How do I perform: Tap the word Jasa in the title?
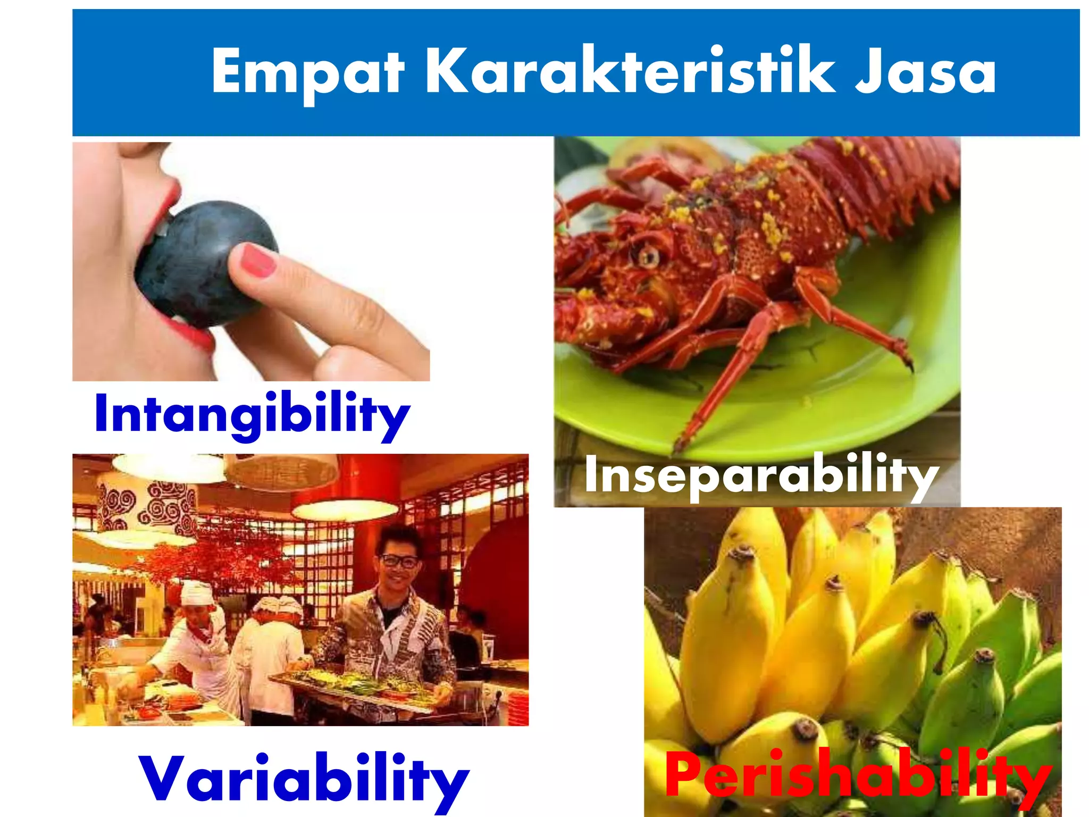pyautogui.click(x=925, y=72)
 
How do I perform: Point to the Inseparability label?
pyautogui.click(x=760, y=474)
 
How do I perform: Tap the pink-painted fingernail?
pyautogui.click(x=256, y=260)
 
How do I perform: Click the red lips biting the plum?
pyautogui.click(x=170, y=213)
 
